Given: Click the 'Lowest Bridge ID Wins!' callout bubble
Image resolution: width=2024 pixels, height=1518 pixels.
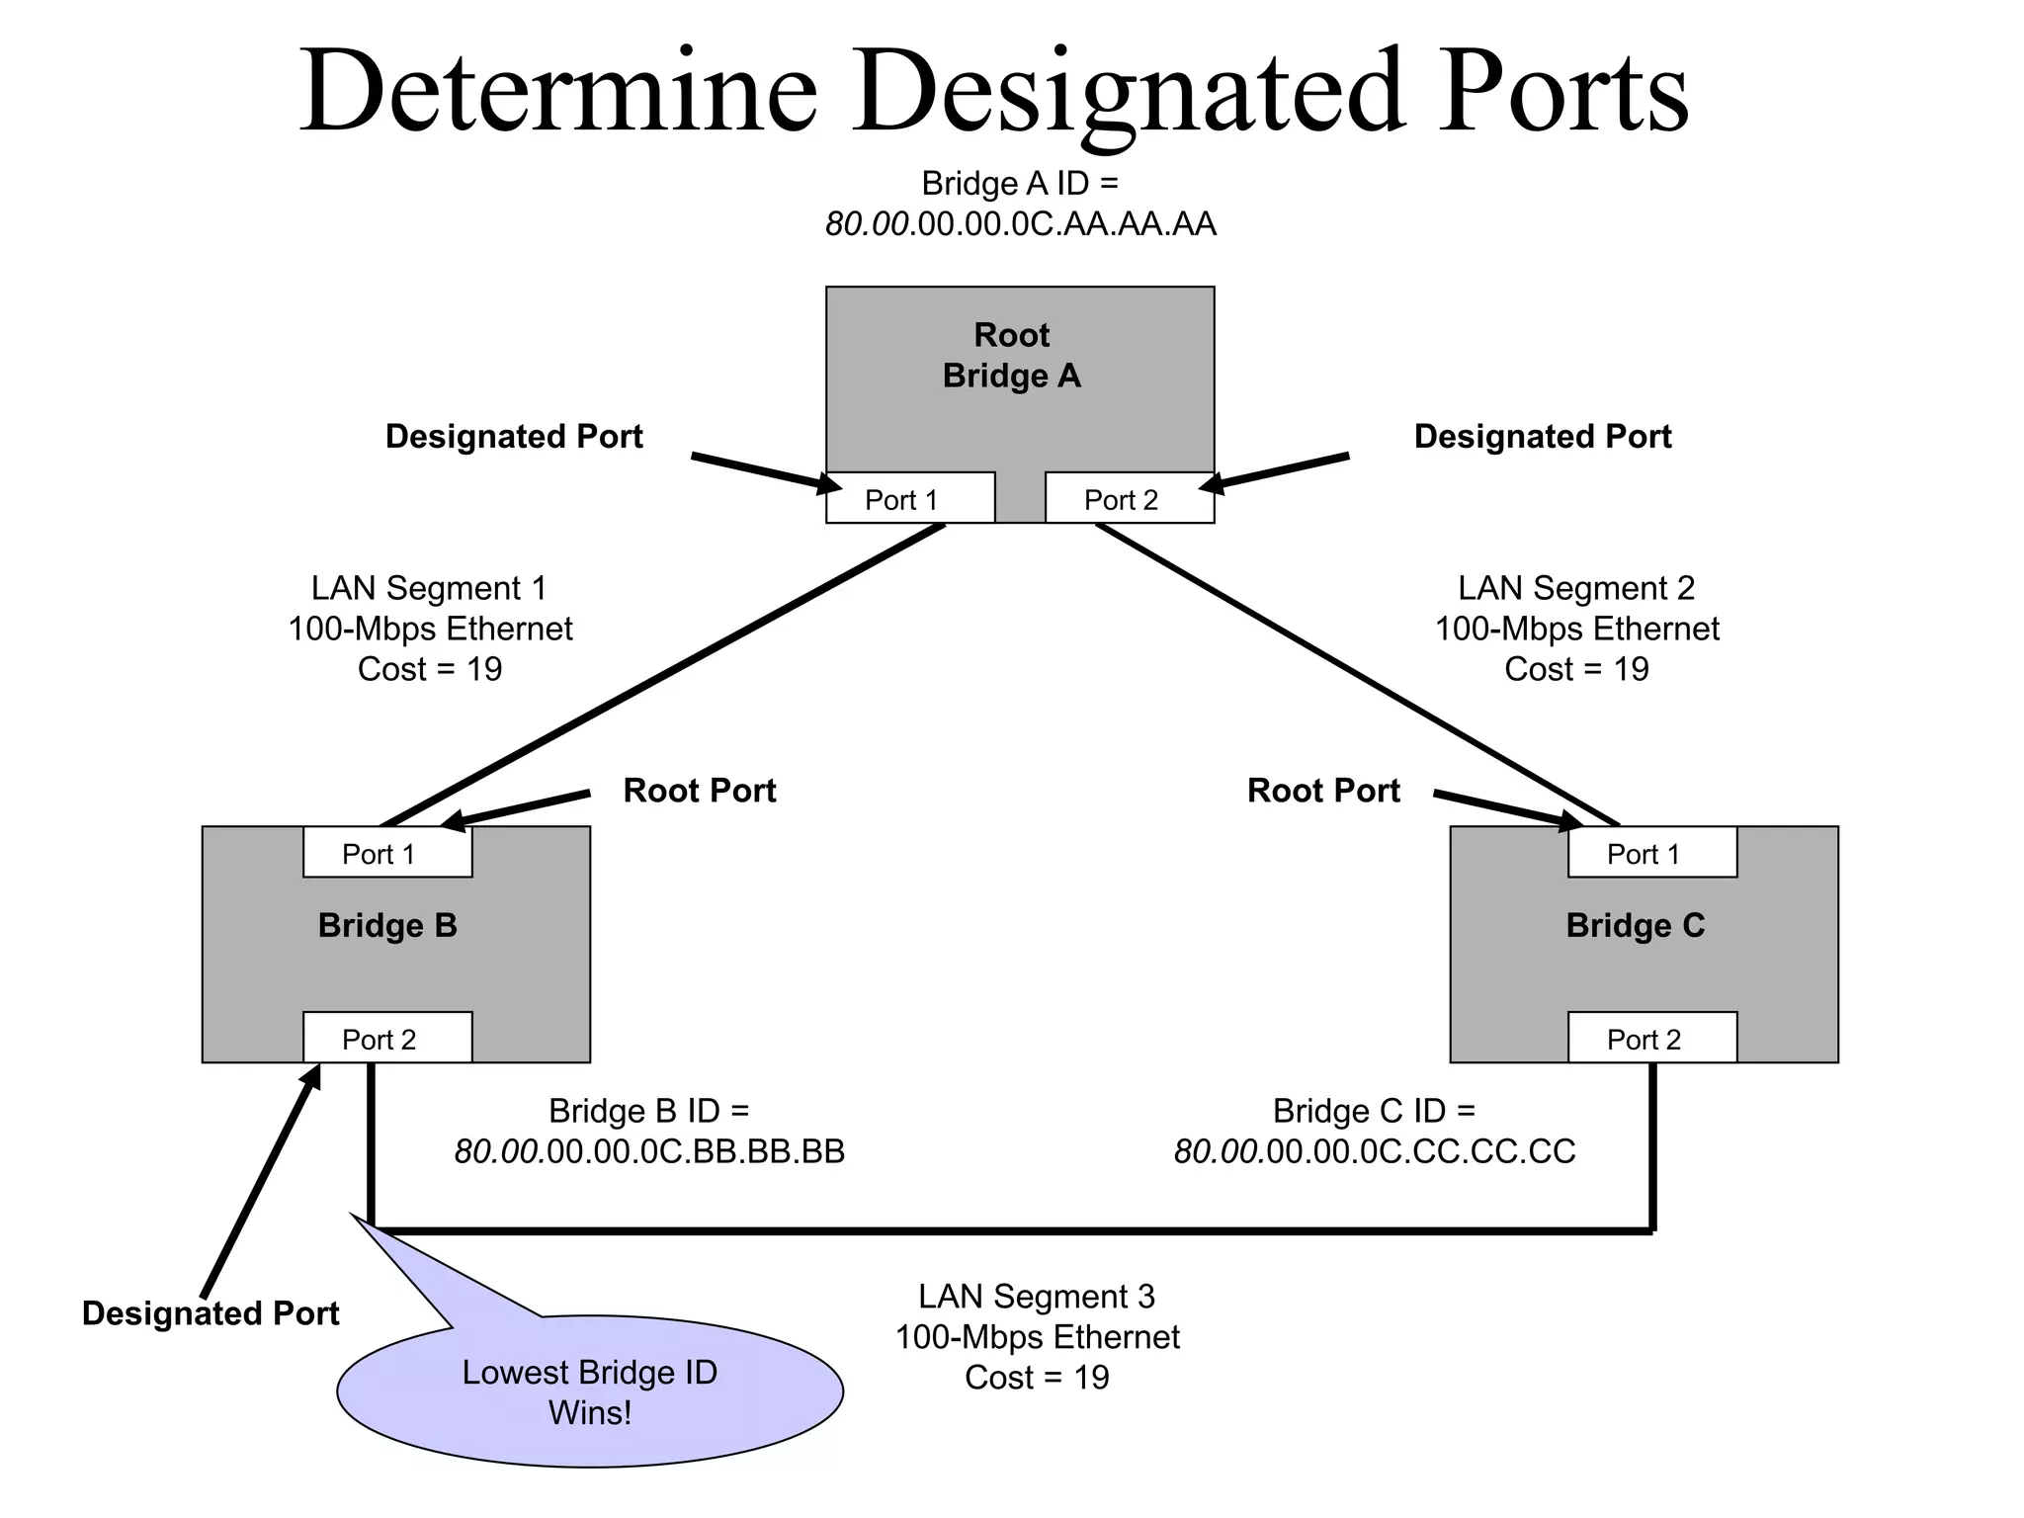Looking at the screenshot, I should pos(590,1391).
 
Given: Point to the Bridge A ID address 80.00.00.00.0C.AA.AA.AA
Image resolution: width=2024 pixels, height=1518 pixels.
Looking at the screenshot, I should pos(1020,224).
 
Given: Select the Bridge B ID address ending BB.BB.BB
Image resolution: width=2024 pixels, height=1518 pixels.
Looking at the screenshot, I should pos(649,1151).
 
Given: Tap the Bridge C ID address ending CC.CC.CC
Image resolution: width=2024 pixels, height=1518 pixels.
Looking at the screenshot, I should pos(1374,1151).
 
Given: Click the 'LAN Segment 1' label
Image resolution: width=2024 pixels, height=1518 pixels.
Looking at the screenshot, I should pos(429,588).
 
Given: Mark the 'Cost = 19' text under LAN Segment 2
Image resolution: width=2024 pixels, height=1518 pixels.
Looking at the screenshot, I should pos(1576,669).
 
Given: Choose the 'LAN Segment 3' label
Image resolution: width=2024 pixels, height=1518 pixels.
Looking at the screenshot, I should pos(1036,1296).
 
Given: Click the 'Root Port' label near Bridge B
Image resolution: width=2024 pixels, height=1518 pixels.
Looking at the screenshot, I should pos(699,791).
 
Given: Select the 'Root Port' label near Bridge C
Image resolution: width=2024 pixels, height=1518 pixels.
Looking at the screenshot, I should pos(1323,791).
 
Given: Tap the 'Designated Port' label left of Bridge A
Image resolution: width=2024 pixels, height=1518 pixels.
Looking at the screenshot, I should pos(514,436).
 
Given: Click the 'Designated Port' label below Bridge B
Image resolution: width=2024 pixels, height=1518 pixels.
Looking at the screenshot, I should pos(211,1312).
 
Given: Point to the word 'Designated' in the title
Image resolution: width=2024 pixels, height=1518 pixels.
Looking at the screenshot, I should pos(1128,92).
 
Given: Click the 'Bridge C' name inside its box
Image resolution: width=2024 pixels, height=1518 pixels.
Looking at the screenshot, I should pos(1635,925).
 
